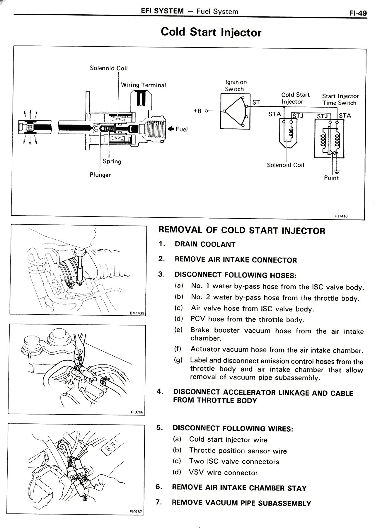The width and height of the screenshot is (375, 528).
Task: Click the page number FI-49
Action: coord(358,13)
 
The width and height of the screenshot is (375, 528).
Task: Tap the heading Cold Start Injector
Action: coord(211,32)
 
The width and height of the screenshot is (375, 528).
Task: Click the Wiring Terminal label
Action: coord(143,85)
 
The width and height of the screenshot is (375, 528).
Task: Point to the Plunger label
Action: coord(100,175)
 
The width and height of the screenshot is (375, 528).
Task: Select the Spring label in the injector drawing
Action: coord(112,161)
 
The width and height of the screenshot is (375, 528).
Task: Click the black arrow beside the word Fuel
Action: coord(171,129)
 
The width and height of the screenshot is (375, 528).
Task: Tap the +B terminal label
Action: coord(198,111)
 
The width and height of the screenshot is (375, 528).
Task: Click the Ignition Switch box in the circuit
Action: coord(235,111)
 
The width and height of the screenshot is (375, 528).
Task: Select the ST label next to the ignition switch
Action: coord(256,102)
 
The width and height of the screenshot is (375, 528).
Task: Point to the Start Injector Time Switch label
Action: coord(340,99)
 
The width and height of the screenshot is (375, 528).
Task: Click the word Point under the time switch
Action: coord(331,178)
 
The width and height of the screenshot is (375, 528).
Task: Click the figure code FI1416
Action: coord(341,216)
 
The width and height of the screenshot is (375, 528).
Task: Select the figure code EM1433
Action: coord(137,313)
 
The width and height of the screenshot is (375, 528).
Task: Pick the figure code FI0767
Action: coord(136,512)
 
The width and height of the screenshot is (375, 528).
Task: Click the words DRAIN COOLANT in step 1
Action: coord(205,244)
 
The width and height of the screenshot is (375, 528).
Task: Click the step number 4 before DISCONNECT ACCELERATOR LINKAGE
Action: coord(160,392)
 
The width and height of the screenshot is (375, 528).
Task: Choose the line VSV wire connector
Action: coord(223,473)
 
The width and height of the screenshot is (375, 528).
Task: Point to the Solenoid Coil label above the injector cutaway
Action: coord(109,68)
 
